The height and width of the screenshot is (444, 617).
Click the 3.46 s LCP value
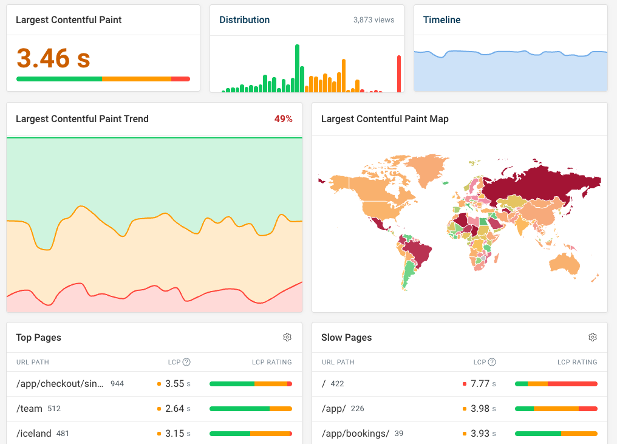(x=53, y=58)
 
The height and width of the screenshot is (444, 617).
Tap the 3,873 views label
(x=373, y=20)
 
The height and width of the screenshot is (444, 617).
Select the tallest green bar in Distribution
(x=298, y=68)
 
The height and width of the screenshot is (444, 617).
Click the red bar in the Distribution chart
(x=399, y=73)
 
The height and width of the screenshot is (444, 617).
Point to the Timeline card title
(x=441, y=20)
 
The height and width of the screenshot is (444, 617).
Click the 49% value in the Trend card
(x=283, y=119)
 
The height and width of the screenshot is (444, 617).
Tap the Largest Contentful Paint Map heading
(x=384, y=119)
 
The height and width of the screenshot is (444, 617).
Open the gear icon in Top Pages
(x=287, y=337)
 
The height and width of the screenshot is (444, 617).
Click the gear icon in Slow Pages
(x=593, y=337)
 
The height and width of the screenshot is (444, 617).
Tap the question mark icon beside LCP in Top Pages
(x=186, y=362)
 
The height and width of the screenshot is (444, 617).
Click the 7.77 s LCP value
(x=480, y=384)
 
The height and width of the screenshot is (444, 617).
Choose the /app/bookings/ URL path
(x=355, y=434)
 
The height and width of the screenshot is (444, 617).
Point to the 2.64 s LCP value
(x=174, y=409)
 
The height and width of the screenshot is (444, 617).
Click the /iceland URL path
(x=33, y=434)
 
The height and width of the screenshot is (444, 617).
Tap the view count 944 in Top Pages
(x=117, y=384)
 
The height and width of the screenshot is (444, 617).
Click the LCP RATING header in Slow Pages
(x=577, y=362)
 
